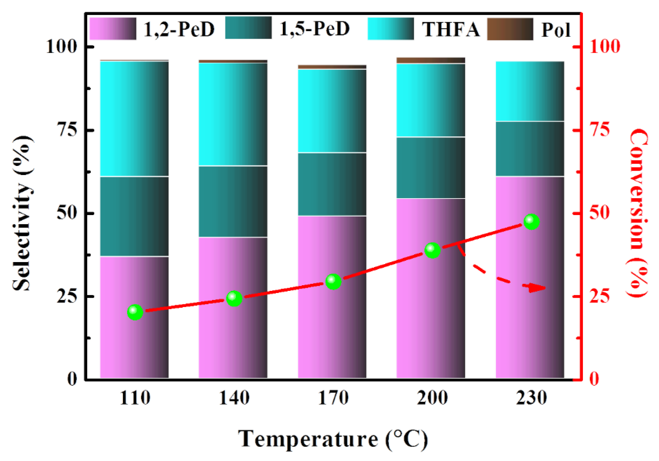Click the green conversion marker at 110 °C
click(x=135, y=312)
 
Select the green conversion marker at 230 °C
click(x=532, y=222)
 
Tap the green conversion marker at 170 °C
click(x=333, y=281)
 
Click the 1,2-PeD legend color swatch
click(x=113, y=29)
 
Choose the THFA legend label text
click(x=451, y=29)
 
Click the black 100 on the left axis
click(x=62, y=47)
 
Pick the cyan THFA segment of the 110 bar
click(x=134, y=118)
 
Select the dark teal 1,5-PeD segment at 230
click(x=530, y=149)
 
